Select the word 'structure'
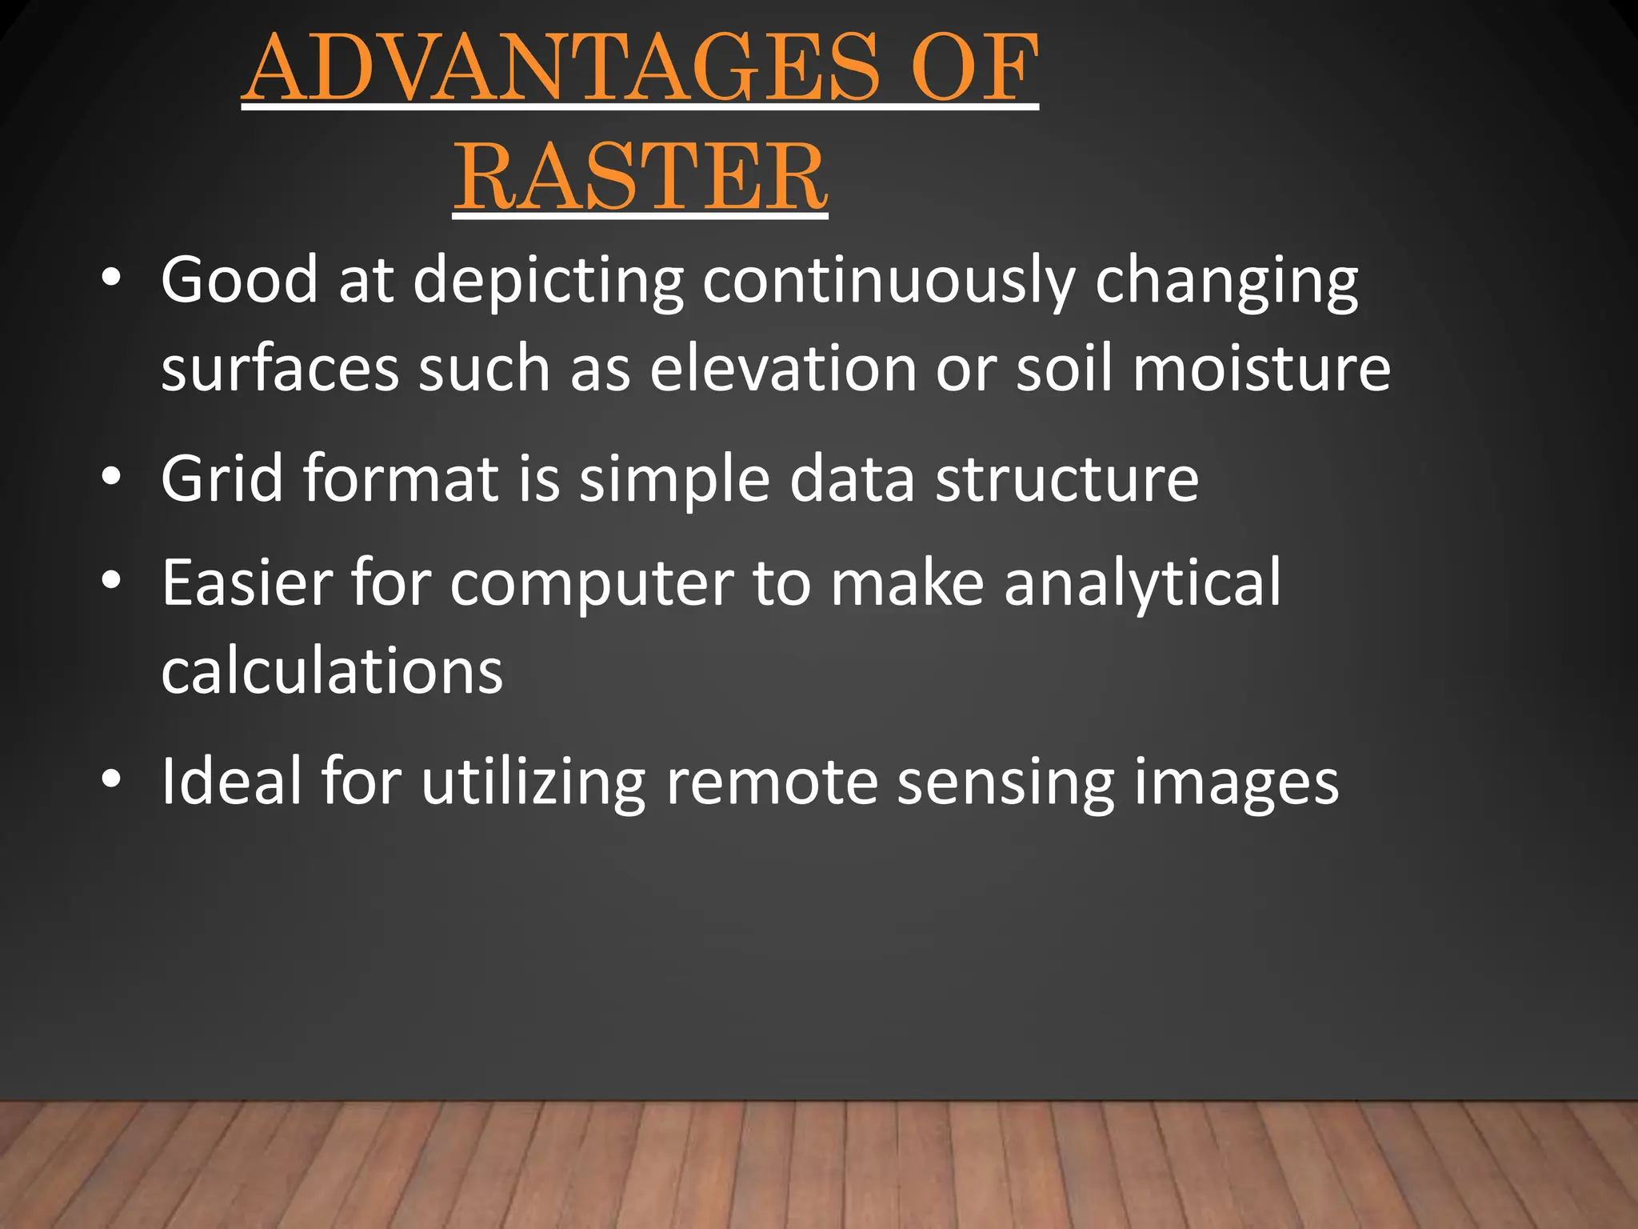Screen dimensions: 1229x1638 (1067, 478)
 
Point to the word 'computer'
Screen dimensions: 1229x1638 (591, 582)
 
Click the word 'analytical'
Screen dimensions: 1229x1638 (1143, 582)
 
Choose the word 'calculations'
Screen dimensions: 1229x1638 (332, 671)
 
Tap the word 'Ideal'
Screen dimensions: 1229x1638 (231, 780)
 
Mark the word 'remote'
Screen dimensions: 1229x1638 (772, 780)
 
